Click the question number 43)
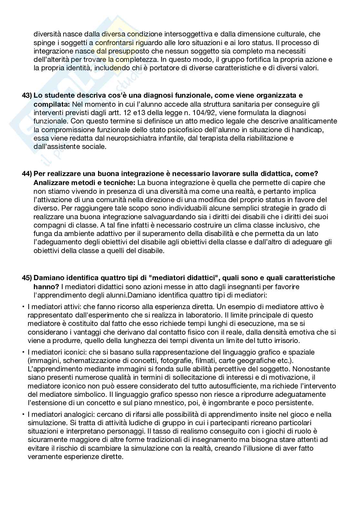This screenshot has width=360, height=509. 27,96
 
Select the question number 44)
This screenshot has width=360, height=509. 27,174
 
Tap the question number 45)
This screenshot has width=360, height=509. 27,278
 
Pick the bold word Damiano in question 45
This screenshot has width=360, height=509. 49,278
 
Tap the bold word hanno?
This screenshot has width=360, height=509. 46,287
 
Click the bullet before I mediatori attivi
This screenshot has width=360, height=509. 24,306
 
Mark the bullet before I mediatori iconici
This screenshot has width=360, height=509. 24,352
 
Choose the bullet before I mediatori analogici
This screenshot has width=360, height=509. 24,414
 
